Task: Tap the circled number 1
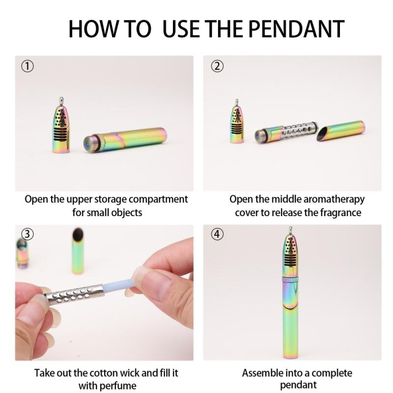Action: pos(28,66)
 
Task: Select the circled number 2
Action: pos(217,66)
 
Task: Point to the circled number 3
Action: pos(28,234)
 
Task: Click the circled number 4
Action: pos(217,234)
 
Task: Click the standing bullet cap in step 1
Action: pos(61,125)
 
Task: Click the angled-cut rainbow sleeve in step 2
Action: pos(341,131)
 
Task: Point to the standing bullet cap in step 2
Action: pos(237,122)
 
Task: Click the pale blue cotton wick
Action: pos(118,286)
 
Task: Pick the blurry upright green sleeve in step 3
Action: pos(78,251)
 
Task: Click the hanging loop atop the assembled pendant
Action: pos(290,230)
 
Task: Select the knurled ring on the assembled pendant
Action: pos(290,280)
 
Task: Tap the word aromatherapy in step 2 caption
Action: pos(334,199)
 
